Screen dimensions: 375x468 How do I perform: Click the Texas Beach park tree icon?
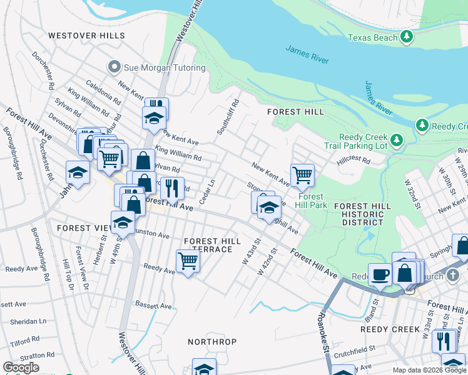407,37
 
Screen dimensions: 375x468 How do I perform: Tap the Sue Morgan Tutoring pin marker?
114,67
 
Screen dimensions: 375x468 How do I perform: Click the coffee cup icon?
380,274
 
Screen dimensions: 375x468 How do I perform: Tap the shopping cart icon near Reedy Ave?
188,262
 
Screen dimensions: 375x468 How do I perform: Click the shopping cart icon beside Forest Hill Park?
302,176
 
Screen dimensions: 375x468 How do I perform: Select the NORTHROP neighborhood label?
212,342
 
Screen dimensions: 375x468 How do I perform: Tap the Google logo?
21,367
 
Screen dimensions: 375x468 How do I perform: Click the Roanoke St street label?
325,334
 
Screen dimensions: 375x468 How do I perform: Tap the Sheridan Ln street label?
28,321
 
